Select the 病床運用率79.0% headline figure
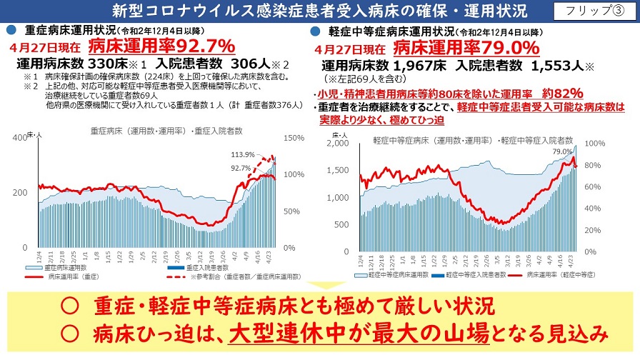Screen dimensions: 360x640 tap(466, 47)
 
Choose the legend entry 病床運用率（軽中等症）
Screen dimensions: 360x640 tap(566, 274)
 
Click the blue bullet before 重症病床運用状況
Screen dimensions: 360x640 tap(11, 31)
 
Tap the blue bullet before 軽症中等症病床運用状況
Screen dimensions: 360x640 tap(314, 32)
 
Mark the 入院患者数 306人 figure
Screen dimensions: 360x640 tap(199, 63)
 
